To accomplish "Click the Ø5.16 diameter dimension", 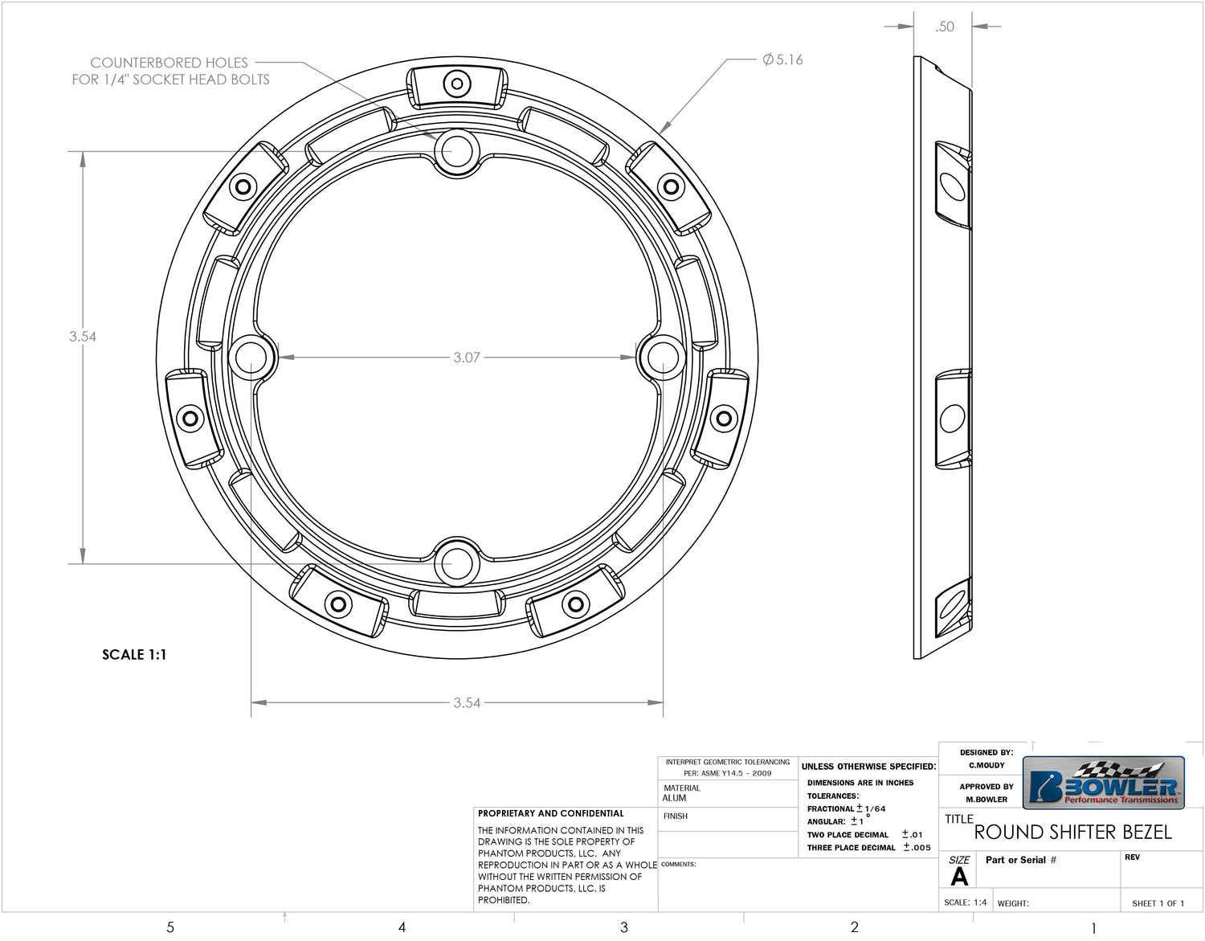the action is pyautogui.click(x=782, y=59).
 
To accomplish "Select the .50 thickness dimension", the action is pyautogui.click(x=945, y=27).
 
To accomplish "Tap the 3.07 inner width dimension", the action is pyautogui.click(x=467, y=358).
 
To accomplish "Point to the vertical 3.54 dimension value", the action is pyautogui.click(x=83, y=337).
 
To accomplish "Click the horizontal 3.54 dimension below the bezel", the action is pyautogui.click(x=467, y=703).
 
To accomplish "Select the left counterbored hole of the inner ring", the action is pyautogui.click(x=251, y=358).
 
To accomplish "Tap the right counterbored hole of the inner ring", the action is pyautogui.click(x=664, y=358).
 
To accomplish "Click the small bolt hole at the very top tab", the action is pyautogui.click(x=457, y=84).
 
